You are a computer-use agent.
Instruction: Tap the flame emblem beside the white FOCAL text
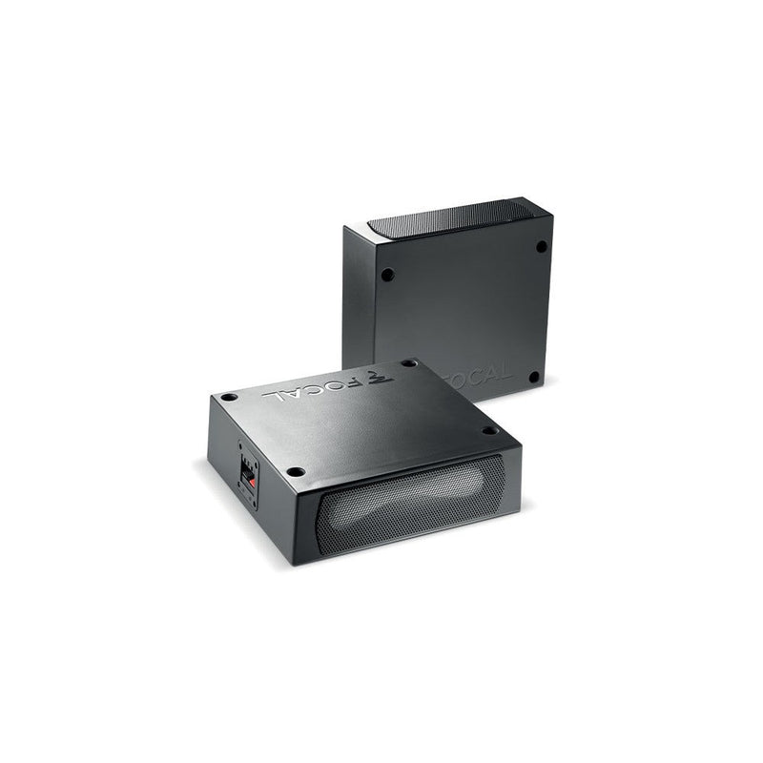[x=382, y=376]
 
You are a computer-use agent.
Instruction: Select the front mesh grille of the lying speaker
[x=410, y=499]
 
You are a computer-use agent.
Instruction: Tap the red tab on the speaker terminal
[x=251, y=483]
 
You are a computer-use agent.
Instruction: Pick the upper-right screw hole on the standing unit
[x=541, y=246]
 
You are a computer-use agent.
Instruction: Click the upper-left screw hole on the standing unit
[x=387, y=275]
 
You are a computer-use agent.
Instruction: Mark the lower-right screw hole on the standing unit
[x=534, y=377]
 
